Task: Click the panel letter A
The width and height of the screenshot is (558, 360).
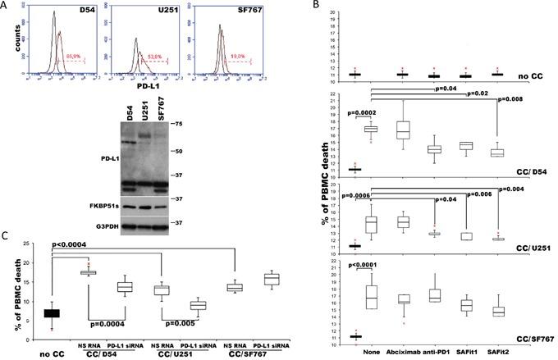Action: click(x=7, y=7)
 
